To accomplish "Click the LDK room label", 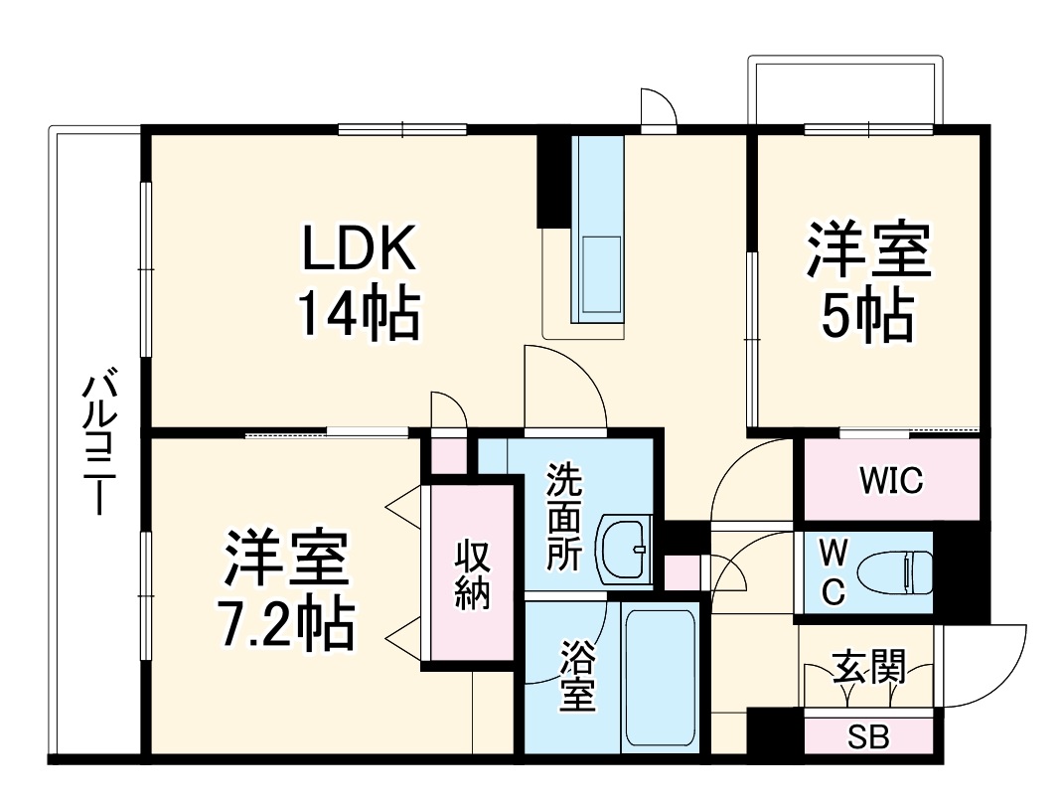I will click(x=359, y=251).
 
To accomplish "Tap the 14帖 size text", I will click(x=359, y=313).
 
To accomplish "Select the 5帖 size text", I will click(x=868, y=313).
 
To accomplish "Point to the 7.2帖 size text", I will click(x=285, y=622).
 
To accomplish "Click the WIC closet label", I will click(x=891, y=480).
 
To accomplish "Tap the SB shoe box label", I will click(x=868, y=737).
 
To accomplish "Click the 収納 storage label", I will click(x=472, y=574).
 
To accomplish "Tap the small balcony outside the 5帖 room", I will click(x=842, y=93).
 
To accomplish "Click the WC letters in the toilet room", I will click(x=832, y=572).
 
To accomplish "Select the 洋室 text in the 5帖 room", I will click(x=868, y=250).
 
